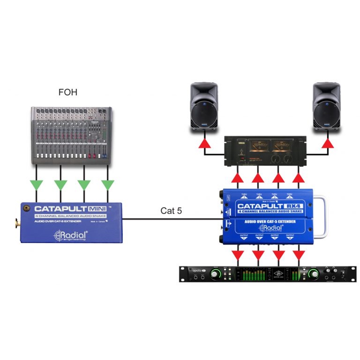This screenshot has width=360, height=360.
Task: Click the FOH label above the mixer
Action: [x=68, y=93]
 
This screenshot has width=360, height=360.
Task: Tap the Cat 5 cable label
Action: [x=171, y=210]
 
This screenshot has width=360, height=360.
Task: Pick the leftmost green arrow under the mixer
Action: [x=37, y=185]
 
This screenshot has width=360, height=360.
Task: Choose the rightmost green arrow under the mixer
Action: [x=108, y=185]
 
